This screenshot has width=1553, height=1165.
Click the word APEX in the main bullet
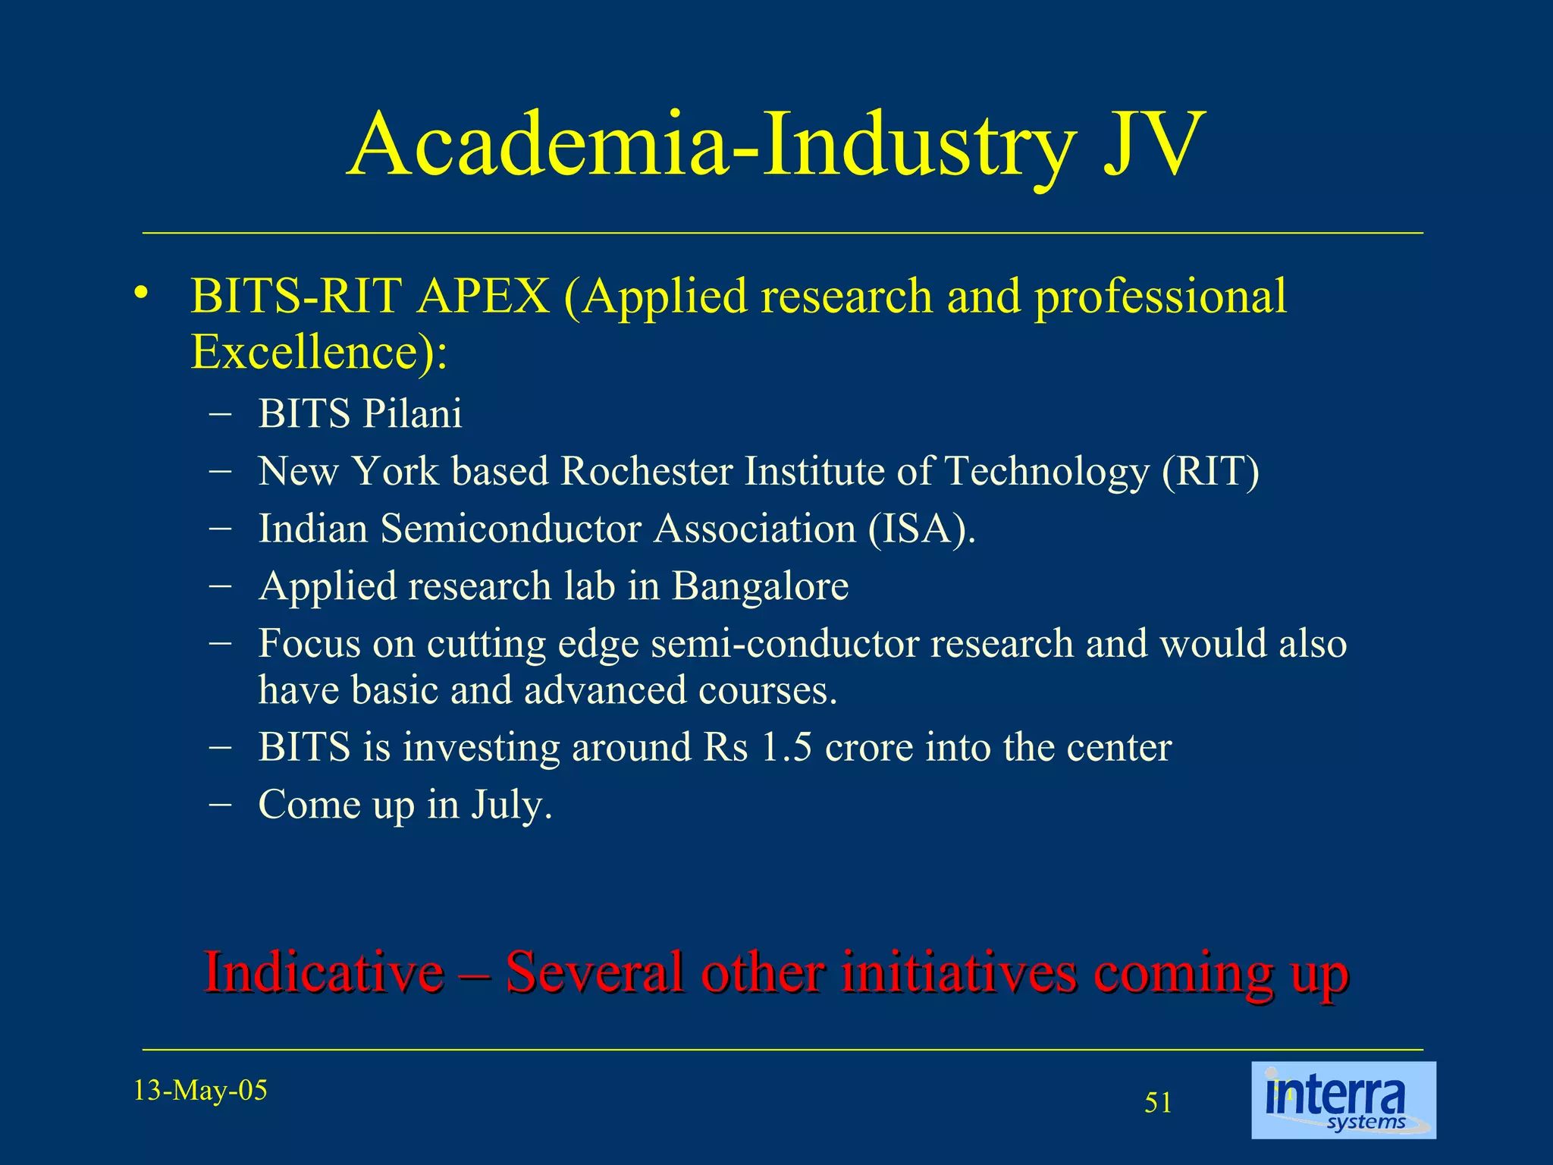[483, 296]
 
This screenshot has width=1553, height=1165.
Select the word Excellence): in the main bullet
[318, 353]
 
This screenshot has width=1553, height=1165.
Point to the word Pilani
[412, 414]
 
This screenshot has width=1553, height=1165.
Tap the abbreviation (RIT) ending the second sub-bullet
[1210, 471]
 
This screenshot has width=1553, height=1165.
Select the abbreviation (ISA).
[921, 529]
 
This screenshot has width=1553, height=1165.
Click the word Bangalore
[760, 586]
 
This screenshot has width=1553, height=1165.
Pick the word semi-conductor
[785, 644]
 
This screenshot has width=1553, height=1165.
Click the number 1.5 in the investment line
[786, 747]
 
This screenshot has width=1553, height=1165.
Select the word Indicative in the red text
[324, 972]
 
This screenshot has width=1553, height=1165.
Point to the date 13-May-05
[200, 1091]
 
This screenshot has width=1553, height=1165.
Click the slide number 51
[1158, 1103]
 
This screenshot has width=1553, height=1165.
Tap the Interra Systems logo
[1343, 1100]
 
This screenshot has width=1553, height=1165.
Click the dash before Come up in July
[220, 805]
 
